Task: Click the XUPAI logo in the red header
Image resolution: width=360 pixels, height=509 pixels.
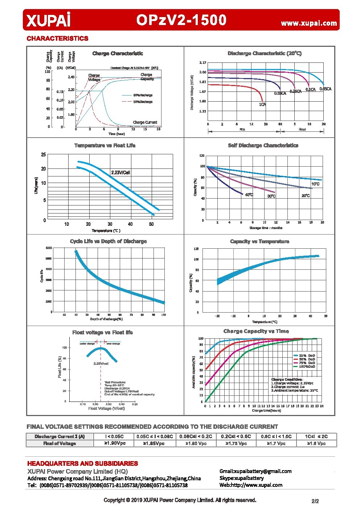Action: pyautogui.click(x=48, y=20)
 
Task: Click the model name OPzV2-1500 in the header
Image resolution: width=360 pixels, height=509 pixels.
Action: pyautogui.click(x=181, y=20)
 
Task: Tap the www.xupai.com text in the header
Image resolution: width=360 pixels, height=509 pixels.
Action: pyautogui.click(x=309, y=23)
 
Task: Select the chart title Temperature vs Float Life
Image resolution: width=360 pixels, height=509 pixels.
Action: pyautogui.click(x=105, y=146)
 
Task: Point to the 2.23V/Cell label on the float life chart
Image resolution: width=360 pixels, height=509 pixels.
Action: pyautogui.click(x=120, y=172)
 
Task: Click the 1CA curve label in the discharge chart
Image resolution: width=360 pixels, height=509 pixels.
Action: pyautogui.click(x=262, y=105)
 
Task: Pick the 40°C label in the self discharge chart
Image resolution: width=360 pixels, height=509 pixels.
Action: pyautogui.click(x=249, y=195)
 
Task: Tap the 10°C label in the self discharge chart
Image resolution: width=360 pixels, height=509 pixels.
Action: pyautogui.click(x=315, y=184)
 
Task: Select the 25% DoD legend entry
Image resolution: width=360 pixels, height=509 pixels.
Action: pyautogui.click(x=307, y=355)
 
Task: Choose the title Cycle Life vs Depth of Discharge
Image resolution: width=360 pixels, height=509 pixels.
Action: pyautogui.click(x=103, y=241)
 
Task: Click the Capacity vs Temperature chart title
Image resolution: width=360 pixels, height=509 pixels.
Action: pyautogui.click(x=259, y=241)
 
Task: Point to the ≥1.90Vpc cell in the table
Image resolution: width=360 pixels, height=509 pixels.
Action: pyautogui.click(x=114, y=443)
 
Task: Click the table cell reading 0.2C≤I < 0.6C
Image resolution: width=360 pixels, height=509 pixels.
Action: pyautogui.click(x=236, y=436)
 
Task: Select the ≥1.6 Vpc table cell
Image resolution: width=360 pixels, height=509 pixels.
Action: pyautogui.click(x=316, y=443)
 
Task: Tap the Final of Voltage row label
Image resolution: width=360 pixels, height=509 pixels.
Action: pyautogui.click(x=60, y=443)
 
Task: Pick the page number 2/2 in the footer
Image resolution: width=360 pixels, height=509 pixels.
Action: pyautogui.click(x=315, y=501)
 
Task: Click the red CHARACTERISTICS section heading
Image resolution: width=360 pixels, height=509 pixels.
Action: pyautogui.click(x=57, y=38)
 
